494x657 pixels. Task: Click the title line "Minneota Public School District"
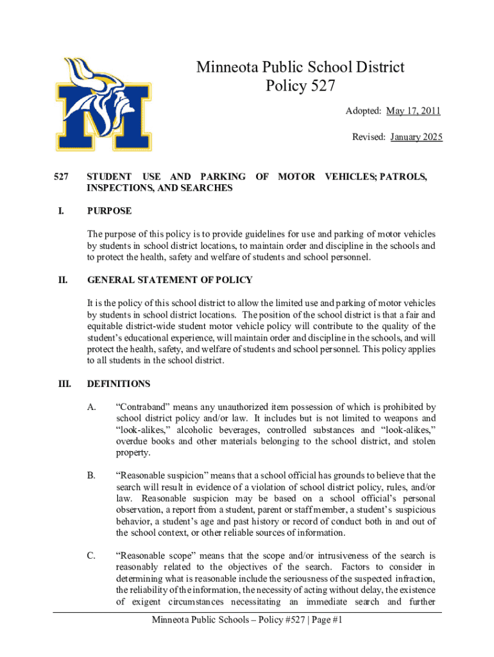300,67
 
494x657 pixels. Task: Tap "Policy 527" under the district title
300,86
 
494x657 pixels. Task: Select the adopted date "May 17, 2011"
413,112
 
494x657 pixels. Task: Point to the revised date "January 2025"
416,137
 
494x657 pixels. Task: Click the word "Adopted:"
363,112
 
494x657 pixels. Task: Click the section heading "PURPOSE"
109,211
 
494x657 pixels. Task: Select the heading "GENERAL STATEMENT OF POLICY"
169,280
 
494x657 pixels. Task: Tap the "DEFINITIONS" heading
118,384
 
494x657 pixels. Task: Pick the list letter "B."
92,475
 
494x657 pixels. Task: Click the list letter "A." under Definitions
92,407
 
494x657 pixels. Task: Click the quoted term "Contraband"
143,407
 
